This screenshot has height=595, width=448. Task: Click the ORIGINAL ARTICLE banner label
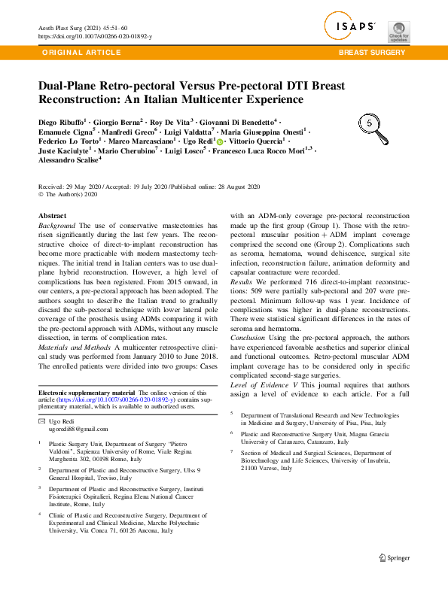(83, 53)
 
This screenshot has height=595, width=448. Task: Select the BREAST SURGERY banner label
(373, 53)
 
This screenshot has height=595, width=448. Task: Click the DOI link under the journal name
(94, 36)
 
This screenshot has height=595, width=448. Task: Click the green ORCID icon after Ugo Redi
(220, 141)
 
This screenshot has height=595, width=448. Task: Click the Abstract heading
(52, 216)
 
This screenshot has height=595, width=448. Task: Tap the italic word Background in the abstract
(56, 226)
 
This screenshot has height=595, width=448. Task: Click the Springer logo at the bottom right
(395, 557)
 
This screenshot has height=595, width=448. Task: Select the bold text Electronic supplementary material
(86, 393)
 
